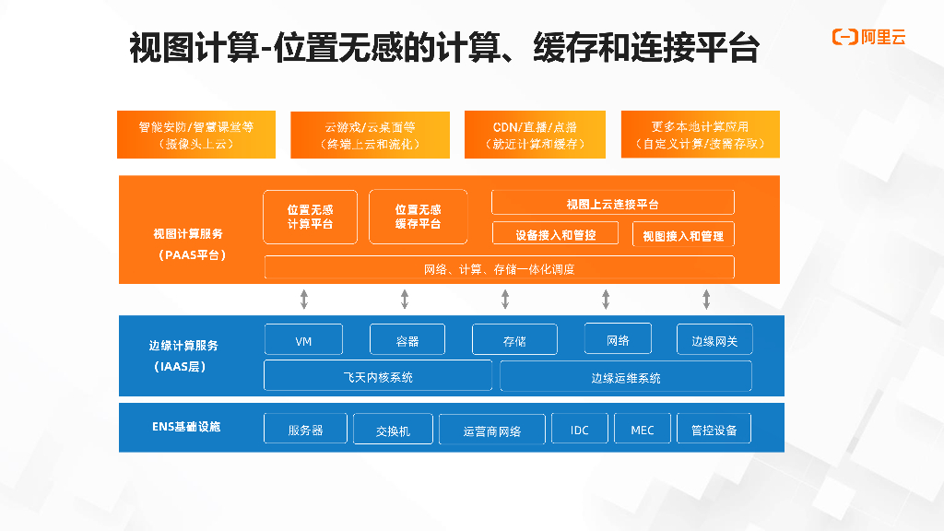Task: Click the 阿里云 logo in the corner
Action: point(868,37)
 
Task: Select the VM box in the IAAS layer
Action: point(303,340)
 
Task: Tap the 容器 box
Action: point(407,340)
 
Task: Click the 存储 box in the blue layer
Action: point(514,340)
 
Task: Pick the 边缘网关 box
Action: point(714,340)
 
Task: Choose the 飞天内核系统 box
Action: point(378,376)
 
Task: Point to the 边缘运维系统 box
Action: point(625,376)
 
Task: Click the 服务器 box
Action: point(305,430)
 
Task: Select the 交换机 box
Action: point(394,430)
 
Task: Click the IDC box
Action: point(580,430)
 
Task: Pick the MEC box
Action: point(643,430)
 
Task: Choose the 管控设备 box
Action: point(714,430)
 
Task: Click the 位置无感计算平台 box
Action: point(310,218)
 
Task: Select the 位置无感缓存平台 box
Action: point(418,218)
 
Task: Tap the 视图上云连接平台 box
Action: point(612,203)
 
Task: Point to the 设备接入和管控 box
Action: point(556,234)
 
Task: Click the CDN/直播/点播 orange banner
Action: point(535,136)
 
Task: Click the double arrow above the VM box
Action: point(304,299)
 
